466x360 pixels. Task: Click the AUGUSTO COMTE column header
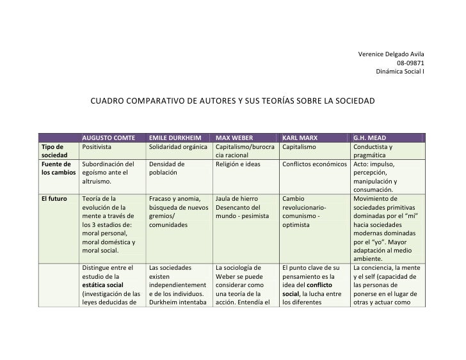tap(105, 137)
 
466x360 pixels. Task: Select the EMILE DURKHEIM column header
tap(175, 137)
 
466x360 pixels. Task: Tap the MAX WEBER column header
tap(234, 137)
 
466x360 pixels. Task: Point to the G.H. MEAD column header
tap(369, 137)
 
